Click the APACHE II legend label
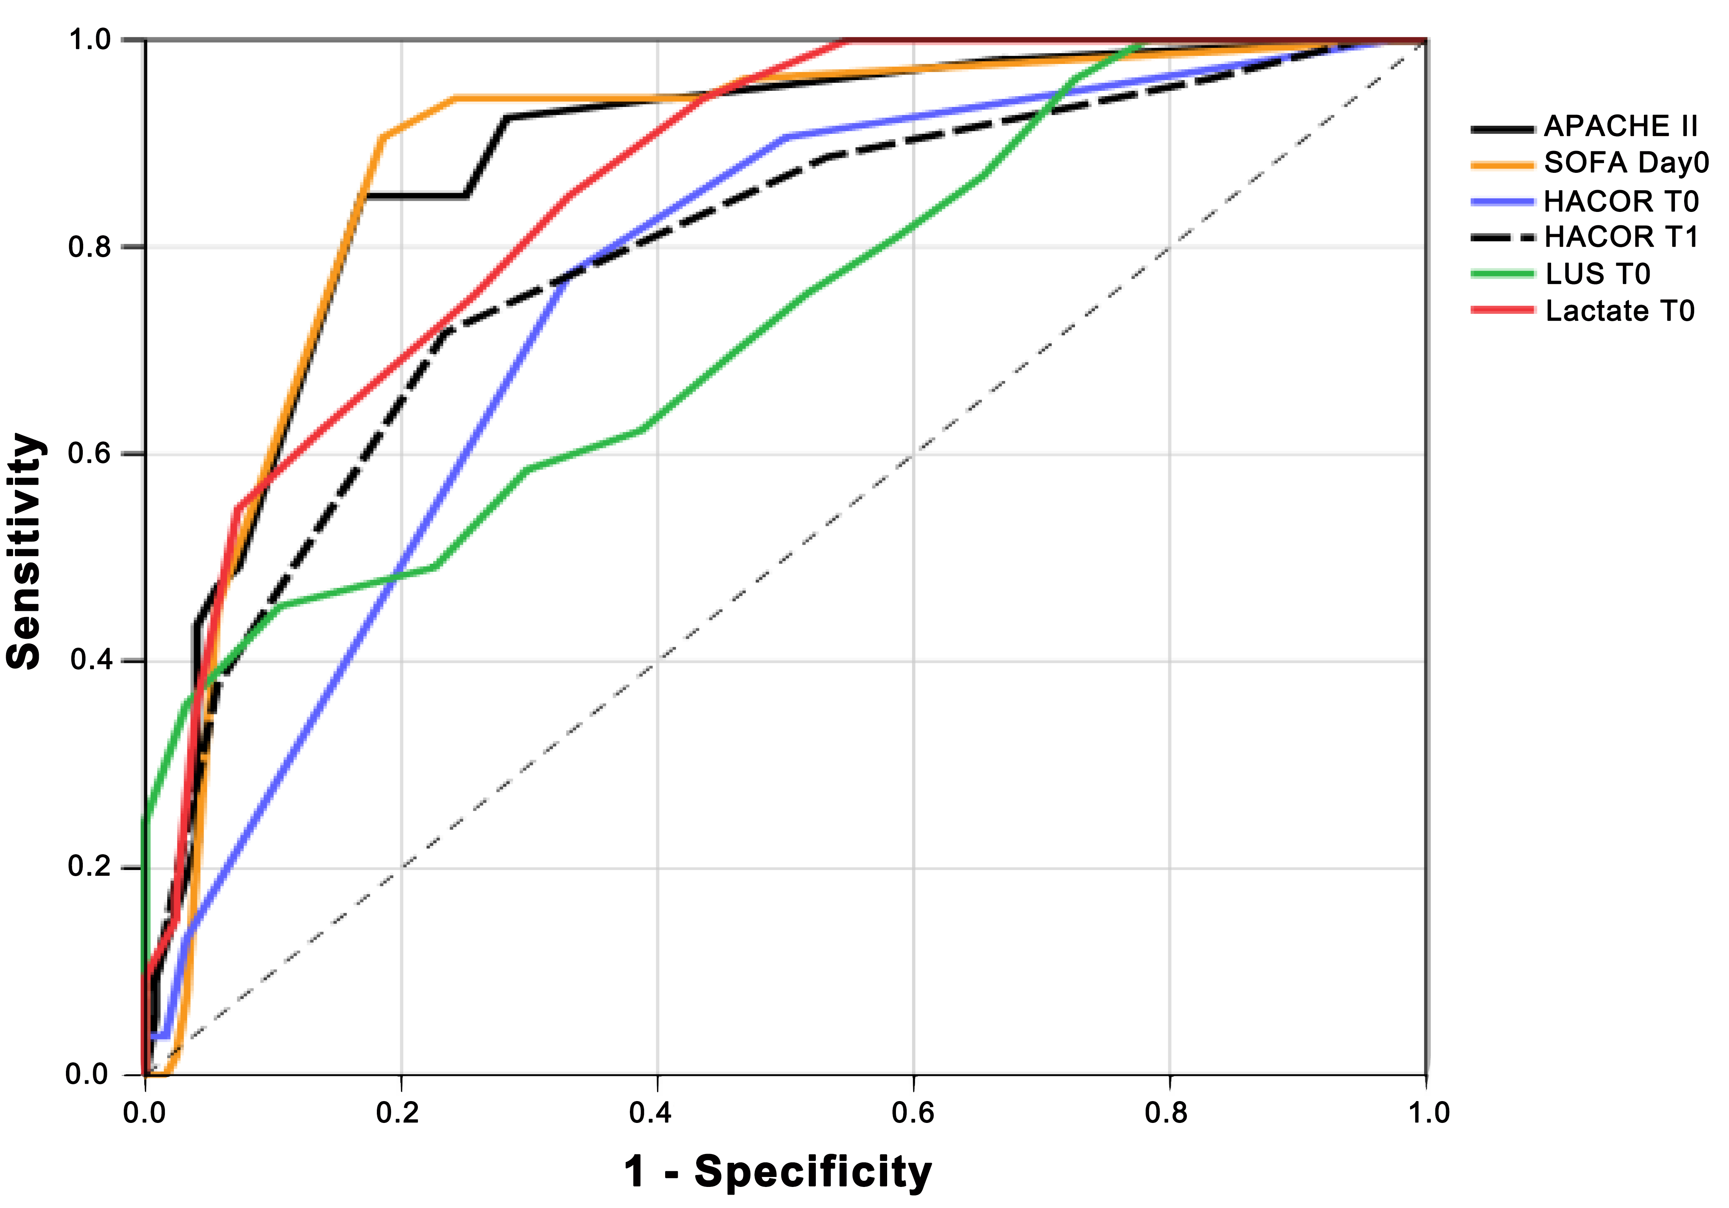(x=1621, y=126)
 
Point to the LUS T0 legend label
(x=1597, y=274)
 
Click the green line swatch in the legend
(x=1502, y=274)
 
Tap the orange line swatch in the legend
(x=1502, y=164)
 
